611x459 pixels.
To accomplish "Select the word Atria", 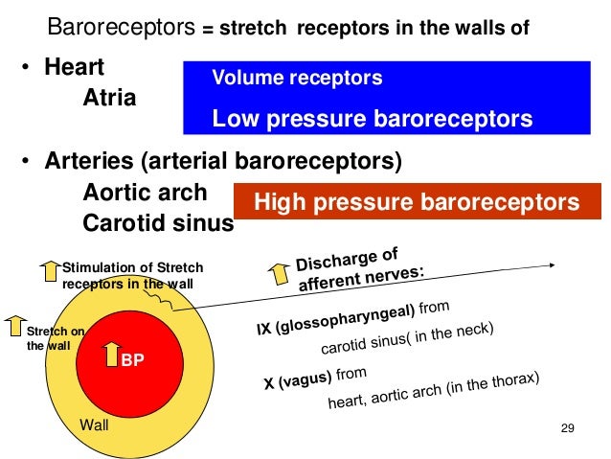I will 109,98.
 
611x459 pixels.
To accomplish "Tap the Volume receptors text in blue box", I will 297,78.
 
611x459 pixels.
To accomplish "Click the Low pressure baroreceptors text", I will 372,119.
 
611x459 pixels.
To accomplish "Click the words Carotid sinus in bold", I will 158,222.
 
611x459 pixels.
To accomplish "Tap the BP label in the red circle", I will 131,361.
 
